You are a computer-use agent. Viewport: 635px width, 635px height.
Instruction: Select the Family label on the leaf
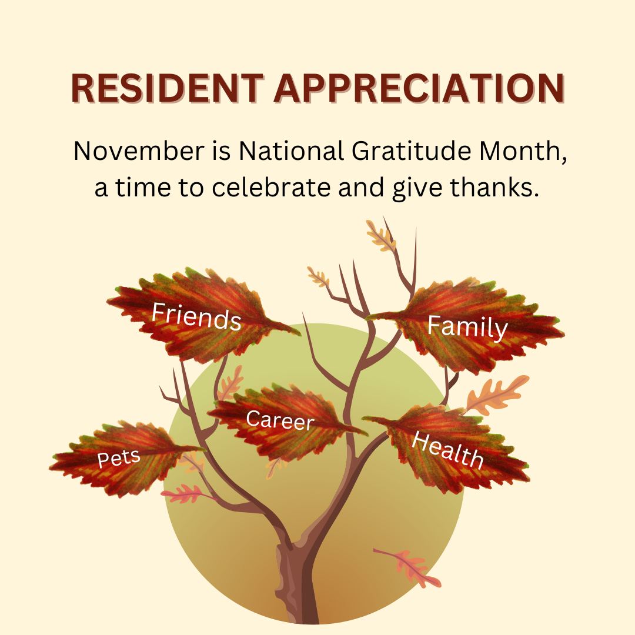(467, 327)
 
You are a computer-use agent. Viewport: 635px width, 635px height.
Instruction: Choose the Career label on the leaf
(280, 420)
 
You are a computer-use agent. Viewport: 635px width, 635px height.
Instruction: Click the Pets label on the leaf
(119, 458)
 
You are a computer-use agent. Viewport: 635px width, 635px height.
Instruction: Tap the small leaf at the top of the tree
(380, 236)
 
